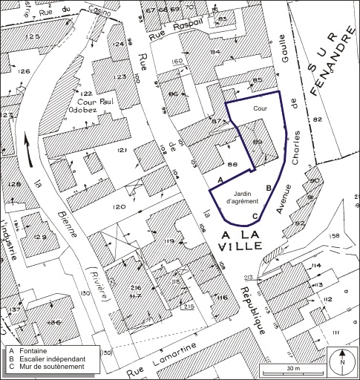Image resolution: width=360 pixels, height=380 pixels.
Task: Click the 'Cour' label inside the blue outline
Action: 259,108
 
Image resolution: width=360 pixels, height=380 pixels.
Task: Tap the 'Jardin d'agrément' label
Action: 240,196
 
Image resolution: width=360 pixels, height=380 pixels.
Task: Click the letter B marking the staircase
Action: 269,189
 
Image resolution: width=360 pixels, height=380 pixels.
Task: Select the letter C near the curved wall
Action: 255,216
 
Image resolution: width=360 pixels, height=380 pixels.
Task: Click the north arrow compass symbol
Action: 341,362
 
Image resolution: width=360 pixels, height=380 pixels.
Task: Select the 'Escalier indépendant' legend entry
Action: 53,358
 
